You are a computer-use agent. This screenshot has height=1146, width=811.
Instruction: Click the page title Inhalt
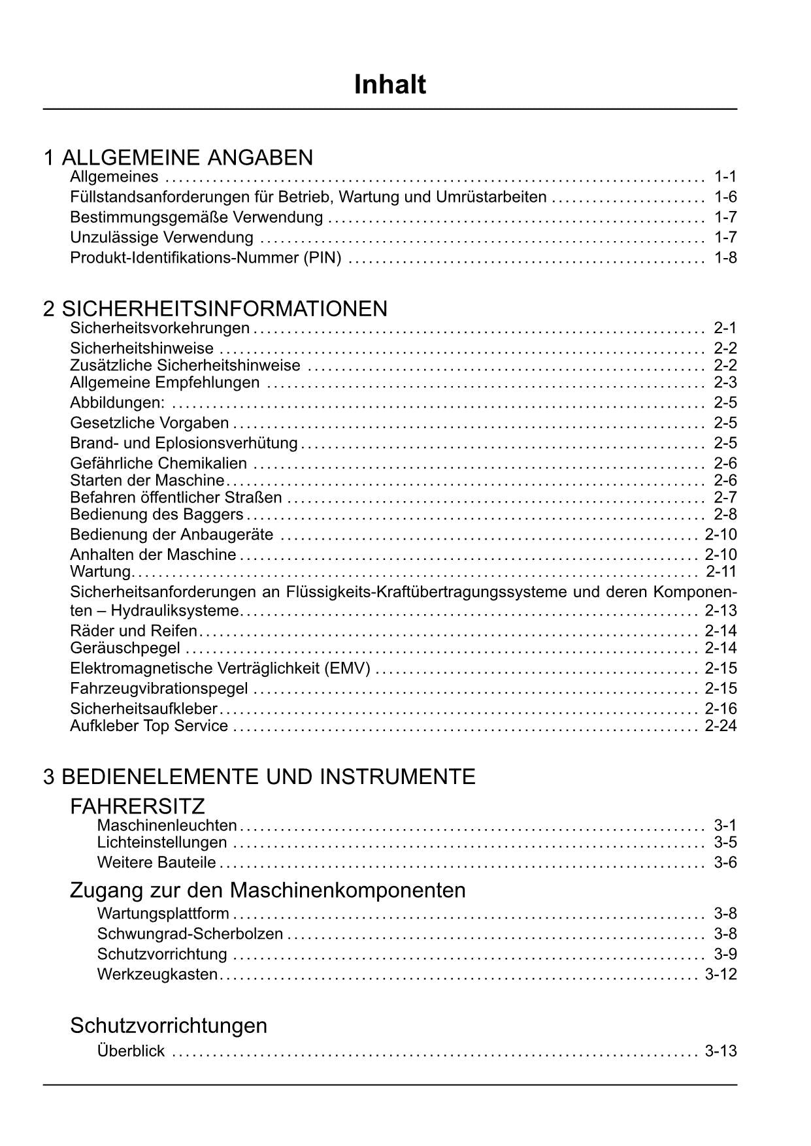pos(389,85)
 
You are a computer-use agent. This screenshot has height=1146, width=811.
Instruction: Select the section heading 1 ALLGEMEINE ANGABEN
pos(178,157)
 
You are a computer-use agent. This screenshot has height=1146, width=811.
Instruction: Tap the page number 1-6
pos(725,197)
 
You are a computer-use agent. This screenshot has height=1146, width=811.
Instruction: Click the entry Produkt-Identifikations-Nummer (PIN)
pos(206,257)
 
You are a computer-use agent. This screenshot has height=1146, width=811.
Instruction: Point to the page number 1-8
pos(725,257)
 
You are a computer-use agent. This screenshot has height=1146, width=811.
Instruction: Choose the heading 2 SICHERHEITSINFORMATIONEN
pos(215,308)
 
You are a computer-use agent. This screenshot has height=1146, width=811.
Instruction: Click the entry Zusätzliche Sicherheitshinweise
pos(185,365)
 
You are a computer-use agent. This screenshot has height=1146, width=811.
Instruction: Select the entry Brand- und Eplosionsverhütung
pos(184,443)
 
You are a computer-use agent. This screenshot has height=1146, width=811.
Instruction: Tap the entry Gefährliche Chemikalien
pos(158,463)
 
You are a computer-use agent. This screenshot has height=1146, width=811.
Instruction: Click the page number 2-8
pos(725,514)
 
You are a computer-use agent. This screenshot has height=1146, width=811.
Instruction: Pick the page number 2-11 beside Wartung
pos(721,572)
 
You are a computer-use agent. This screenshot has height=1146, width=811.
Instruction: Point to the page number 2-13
pos(721,611)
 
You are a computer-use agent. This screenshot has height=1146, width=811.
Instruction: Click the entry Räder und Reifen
pos(133,630)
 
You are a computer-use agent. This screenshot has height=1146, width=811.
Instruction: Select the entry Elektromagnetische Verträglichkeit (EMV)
pos(220,668)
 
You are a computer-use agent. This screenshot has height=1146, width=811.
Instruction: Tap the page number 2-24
pos(721,726)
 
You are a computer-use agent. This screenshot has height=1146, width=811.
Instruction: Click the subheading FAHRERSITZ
pos(137,806)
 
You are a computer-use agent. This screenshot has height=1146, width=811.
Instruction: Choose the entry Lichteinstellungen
pos(162,842)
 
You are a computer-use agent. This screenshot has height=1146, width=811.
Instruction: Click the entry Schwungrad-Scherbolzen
pos(190,934)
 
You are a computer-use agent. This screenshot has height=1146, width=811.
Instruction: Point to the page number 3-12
pos(721,974)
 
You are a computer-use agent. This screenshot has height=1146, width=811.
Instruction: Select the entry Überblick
pos(131,1051)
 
